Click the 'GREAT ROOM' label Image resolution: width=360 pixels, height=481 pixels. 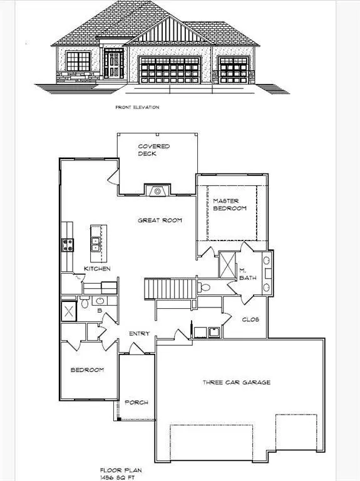click(x=160, y=220)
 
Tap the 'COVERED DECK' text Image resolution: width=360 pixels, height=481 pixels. click(x=154, y=150)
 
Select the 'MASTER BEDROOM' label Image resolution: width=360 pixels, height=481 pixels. click(x=229, y=204)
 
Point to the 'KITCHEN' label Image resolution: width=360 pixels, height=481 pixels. click(x=98, y=269)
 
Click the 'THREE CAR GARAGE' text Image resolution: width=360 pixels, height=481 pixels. click(x=237, y=382)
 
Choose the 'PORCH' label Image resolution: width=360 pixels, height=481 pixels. click(x=136, y=402)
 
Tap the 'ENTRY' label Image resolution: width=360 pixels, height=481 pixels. click(x=139, y=334)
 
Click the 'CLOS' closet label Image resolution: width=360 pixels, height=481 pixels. click(x=250, y=319)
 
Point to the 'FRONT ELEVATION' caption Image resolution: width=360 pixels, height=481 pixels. click(x=137, y=107)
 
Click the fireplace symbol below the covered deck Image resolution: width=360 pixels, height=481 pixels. click(x=158, y=190)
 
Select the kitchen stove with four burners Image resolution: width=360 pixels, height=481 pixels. click(x=67, y=245)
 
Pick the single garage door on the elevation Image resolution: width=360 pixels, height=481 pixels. click(x=234, y=69)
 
